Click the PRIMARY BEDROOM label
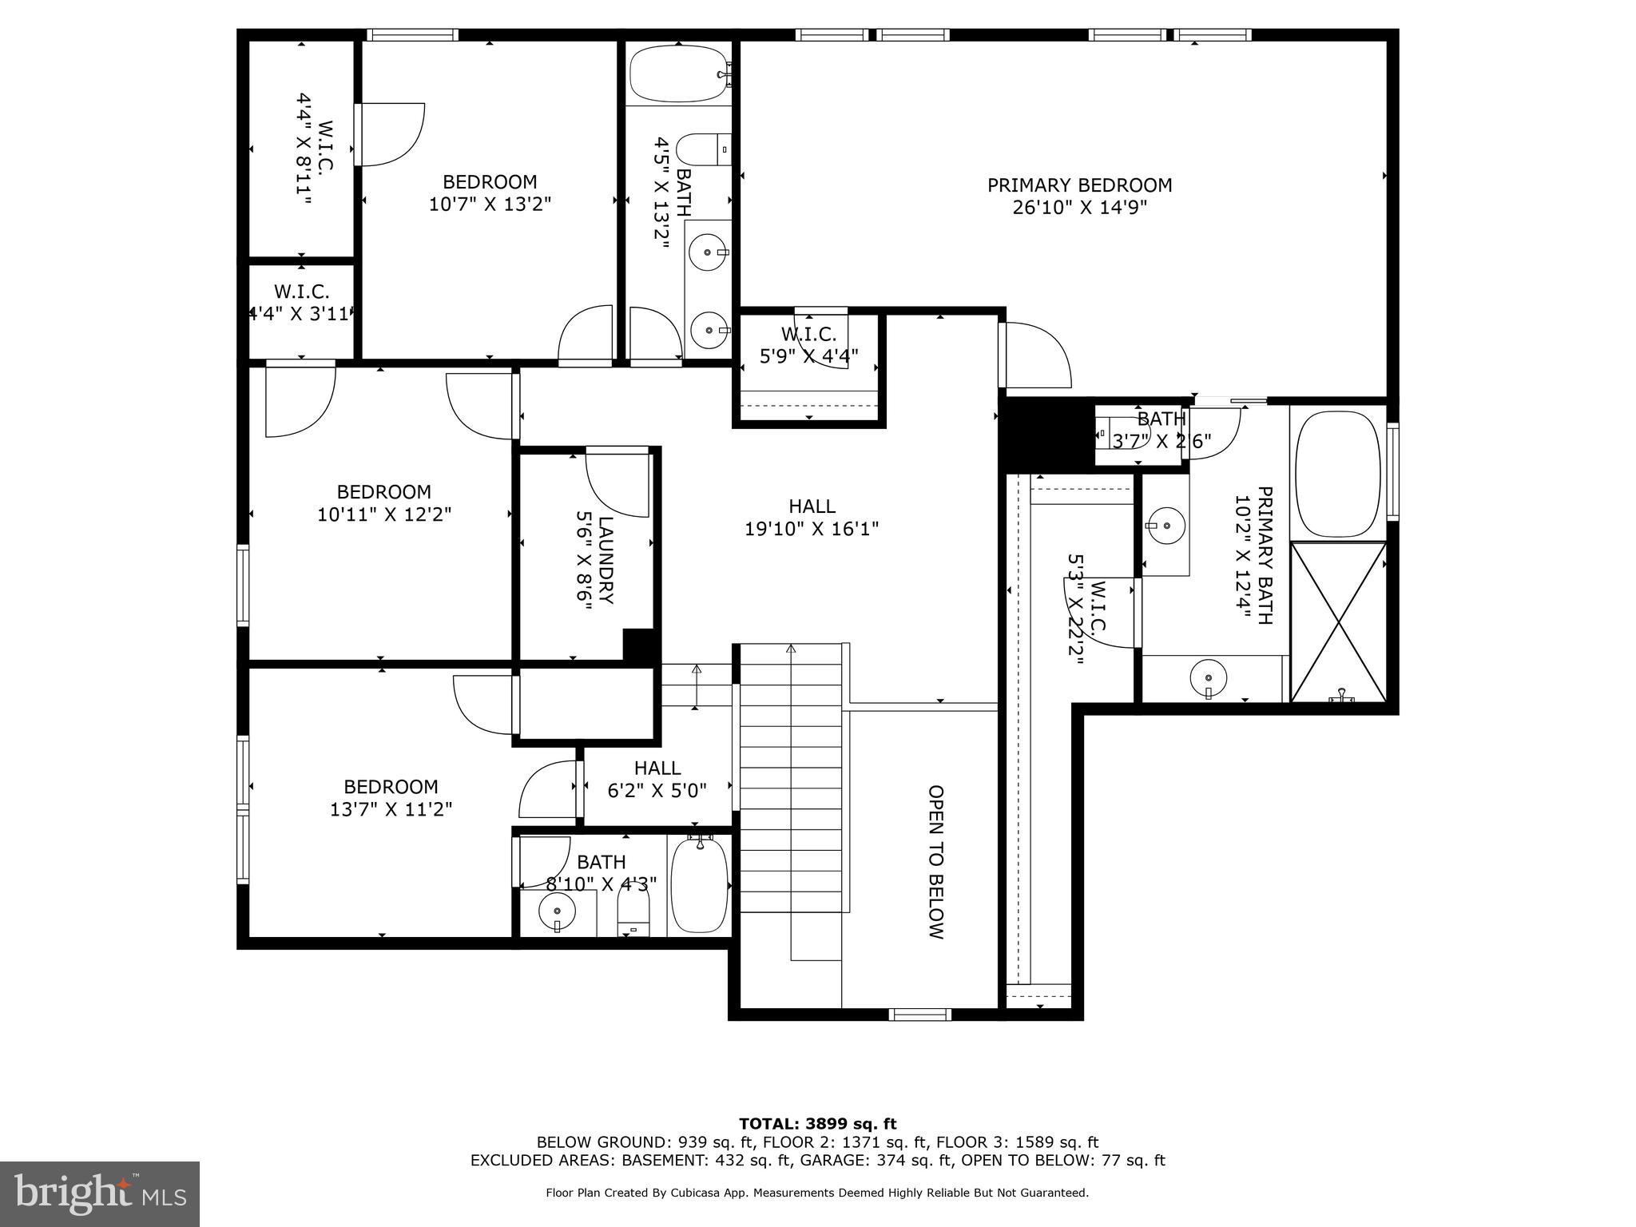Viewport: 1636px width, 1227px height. pyautogui.click(x=1079, y=185)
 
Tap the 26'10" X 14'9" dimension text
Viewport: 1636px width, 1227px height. pyautogui.click(x=1079, y=208)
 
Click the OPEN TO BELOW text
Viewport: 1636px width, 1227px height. pyautogui.click(x=935, y=862)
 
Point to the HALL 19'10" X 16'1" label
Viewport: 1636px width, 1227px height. pyautogui.click(x=812, y=517)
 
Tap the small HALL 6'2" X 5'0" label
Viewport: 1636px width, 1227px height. pyautogui.click(x=657, y=779)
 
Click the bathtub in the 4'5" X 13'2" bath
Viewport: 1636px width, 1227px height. pyautogui.click(x=678, y=73)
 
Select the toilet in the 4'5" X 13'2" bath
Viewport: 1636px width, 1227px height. pyautogui.click(x=703, y=149)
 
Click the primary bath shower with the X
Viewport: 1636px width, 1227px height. pyautogui.click(x=1338, y=622)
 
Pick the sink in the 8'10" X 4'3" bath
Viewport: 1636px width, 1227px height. pyautogui.click(x=557, y=911)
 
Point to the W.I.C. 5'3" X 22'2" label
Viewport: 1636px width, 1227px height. pyautogui.click(x=1088, y=605)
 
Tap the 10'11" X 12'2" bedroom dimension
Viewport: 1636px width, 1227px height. pyautogui.click(x=384, y=514)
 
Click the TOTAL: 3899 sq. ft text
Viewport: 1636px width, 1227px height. pyautogui.click(x=817, y=1124)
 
